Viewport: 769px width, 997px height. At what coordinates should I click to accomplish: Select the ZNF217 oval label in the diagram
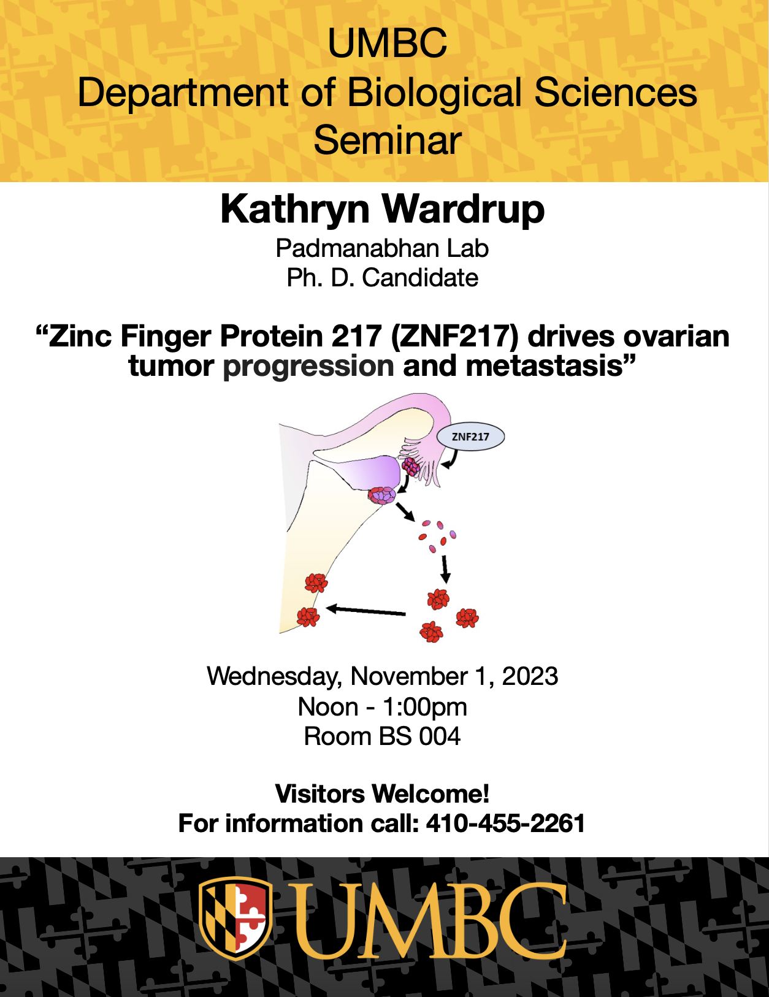(x=470, y=437)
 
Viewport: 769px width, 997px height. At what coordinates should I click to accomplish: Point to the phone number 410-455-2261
(x=506, y=823)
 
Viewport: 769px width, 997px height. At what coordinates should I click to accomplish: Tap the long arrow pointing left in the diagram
(x=365, y=611)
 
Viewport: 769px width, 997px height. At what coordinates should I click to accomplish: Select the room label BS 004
(x=420, y=737)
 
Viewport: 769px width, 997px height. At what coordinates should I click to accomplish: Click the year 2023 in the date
(x=530, y=676)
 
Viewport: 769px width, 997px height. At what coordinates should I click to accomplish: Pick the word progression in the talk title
(x=308, y=366)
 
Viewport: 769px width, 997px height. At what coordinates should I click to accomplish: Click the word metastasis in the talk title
(x=544, y=366)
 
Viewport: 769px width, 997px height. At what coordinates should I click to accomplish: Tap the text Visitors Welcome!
(x=382, y=794)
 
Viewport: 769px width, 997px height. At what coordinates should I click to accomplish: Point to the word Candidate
(x=420, y=278)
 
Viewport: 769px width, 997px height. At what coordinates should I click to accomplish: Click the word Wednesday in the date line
(x=274, y=677)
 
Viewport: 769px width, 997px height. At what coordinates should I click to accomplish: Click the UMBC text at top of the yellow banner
(x=387, y=43)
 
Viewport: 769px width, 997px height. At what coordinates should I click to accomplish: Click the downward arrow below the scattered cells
(x=445, y=570)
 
